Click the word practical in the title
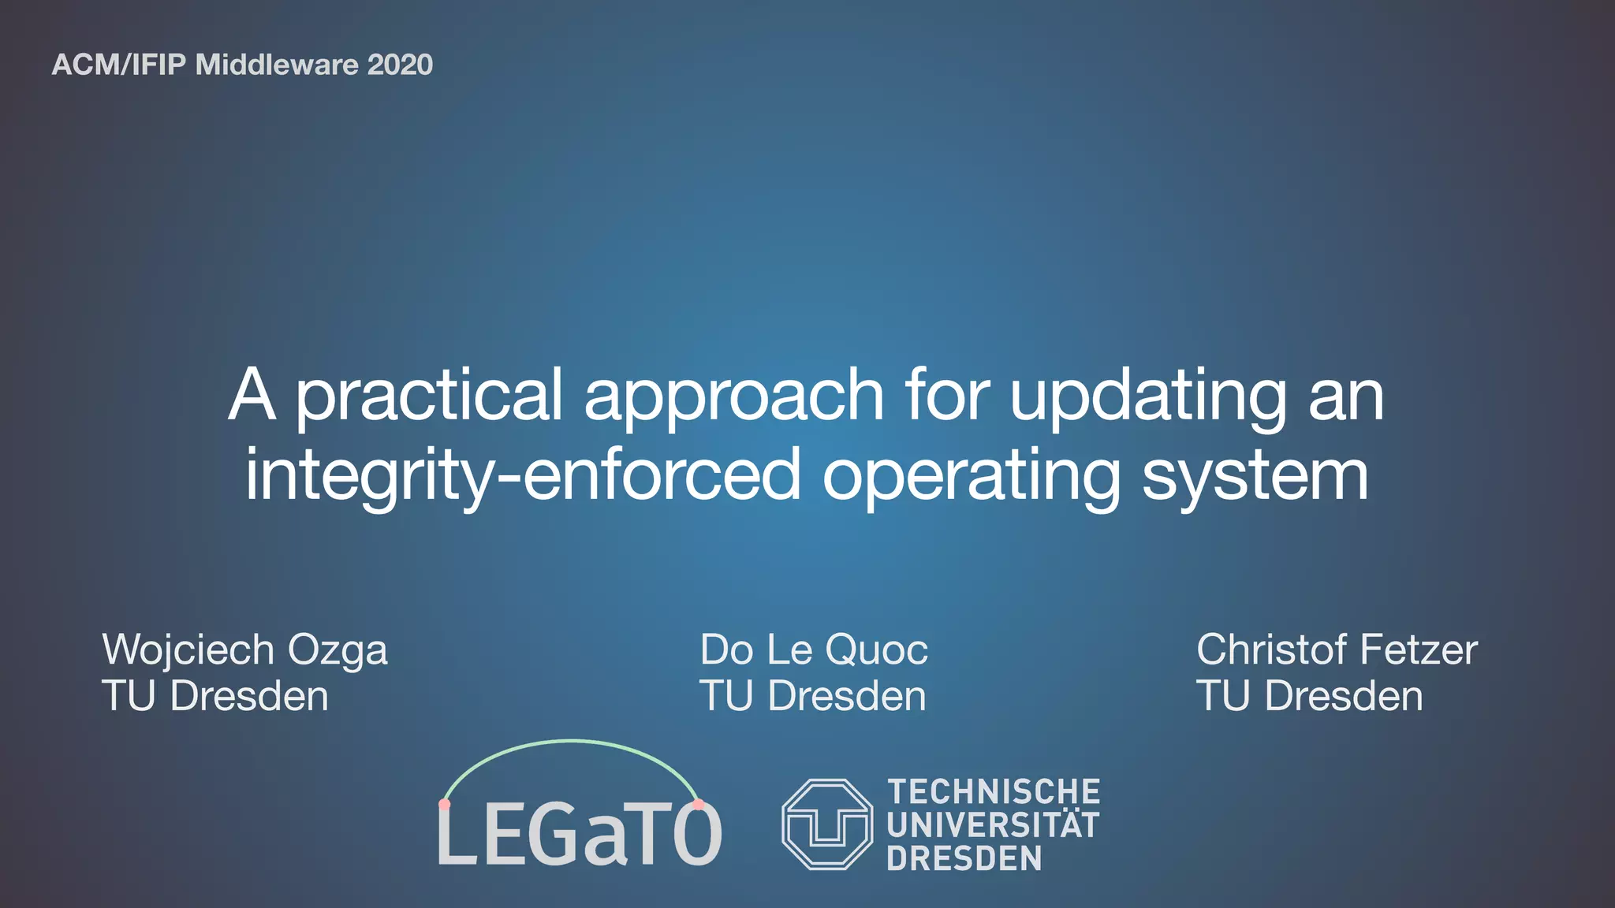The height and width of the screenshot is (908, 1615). [430, 396]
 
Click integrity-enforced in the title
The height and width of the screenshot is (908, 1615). [523, 476]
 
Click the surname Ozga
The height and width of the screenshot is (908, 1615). [338, 651]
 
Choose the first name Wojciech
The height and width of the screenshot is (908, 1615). [188, 651]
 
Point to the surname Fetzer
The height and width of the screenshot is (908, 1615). [1419, 649]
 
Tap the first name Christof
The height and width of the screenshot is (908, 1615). [1272, 649]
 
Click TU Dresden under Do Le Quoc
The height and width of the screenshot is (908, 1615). [813, 697]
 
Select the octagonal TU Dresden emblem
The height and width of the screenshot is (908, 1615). [827, 824]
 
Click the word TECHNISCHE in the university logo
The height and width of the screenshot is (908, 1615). [994, 791]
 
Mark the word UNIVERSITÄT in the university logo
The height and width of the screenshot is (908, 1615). [993, 825]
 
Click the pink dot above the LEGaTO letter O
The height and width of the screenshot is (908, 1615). [698, 805]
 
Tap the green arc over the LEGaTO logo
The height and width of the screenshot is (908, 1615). [571, 742]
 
